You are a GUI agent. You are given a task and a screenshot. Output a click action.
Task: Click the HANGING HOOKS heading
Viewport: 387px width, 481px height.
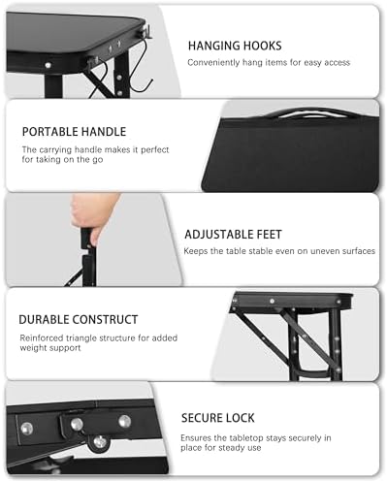[236, 45]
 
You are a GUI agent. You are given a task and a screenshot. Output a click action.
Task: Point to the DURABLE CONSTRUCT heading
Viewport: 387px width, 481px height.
[79, 319]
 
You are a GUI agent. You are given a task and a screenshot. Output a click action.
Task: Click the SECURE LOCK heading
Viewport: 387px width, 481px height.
[218, 418]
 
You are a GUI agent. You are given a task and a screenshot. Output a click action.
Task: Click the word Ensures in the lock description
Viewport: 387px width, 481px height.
[198, 436]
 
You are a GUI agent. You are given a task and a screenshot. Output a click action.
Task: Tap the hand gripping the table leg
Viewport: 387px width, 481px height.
[94, 211]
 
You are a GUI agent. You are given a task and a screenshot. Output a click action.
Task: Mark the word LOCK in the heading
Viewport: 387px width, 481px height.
[239, 418]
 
